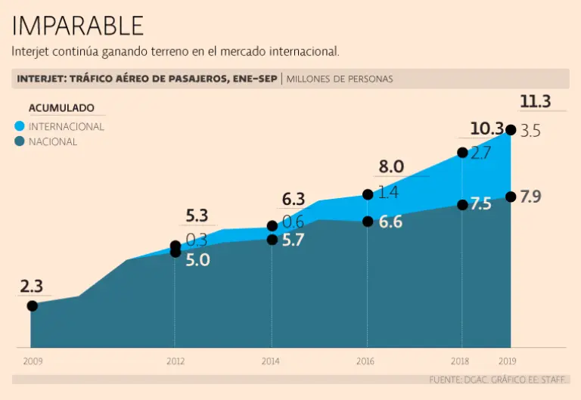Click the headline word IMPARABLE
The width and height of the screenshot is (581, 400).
78,26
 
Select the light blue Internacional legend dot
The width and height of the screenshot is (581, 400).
20,126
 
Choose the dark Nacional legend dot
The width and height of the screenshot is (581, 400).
20,141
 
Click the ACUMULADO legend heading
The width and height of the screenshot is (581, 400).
61,108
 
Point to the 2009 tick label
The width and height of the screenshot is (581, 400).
33,361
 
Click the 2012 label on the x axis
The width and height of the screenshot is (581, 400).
176,361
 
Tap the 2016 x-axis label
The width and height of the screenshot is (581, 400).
365,361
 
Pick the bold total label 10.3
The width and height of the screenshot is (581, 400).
486,128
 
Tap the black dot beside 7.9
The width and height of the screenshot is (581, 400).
511,197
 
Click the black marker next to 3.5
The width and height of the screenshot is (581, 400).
511,130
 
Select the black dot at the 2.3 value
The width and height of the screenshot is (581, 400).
32,305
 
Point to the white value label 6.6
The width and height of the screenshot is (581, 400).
390,222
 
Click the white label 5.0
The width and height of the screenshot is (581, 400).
197,260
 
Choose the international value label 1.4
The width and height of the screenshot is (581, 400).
388,193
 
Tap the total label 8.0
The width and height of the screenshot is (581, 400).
392,166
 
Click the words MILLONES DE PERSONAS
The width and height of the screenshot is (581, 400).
340,79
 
